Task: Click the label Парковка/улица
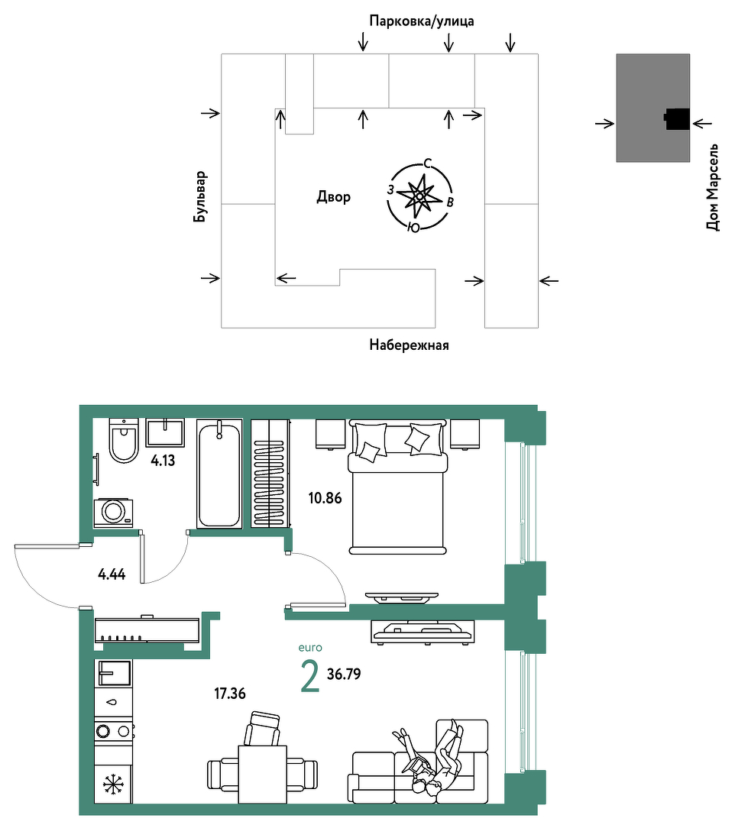pos(422,21)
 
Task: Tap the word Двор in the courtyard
pos(334,197)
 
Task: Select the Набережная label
pos(409,345)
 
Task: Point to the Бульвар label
pos(200,196)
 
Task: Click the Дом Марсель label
pos(712,187)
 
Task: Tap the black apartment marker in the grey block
pos(677,119)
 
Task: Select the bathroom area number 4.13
pos(163,461)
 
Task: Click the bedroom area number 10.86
pos(325,498)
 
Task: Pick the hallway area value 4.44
pos(112,574)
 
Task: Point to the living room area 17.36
pos(230,694)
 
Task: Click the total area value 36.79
pos(344,674)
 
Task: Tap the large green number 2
pos(309,677)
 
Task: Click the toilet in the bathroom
pos(124,441)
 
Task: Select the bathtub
pos(219,474)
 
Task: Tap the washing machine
pos(113,513)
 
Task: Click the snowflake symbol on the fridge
pos(112,784)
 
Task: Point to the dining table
pos(263,774)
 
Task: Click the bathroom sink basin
pos(165,432)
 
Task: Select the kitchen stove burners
pos(113,731)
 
